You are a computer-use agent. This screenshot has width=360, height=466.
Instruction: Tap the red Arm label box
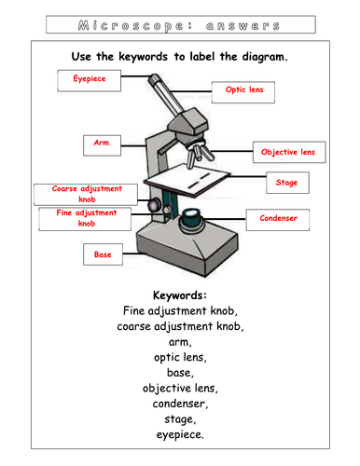point(102,144)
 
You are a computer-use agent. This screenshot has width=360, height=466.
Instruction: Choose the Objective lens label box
point(288,152)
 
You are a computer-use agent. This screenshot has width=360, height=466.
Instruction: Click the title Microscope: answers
point(179,20)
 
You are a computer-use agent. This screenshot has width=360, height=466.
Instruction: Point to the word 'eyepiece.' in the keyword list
point(179,433)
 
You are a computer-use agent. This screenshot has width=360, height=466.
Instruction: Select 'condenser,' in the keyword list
point(179,402)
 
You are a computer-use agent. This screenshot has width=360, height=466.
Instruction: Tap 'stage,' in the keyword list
point(179,418)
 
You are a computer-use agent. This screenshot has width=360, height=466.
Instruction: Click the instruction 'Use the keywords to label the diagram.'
point(179,57)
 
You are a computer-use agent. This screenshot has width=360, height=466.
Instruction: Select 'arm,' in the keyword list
point(179,341)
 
